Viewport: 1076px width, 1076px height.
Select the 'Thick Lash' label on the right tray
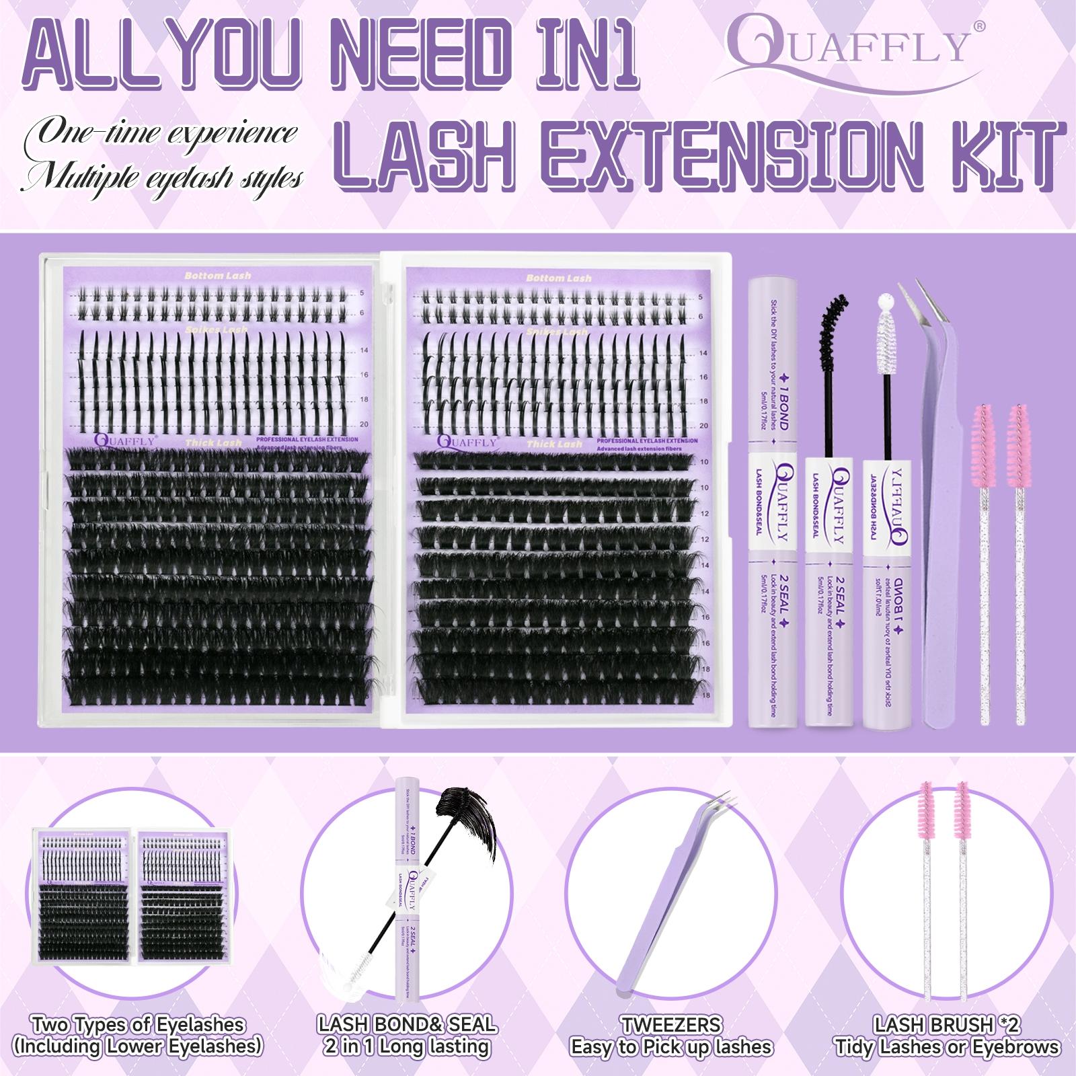[x=554, y=444]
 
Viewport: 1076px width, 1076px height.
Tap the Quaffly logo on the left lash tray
[x=124, y=441]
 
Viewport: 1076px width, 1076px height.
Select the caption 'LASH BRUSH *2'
[x=947, y=1025]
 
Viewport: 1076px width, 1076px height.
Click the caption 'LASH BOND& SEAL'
[x=408, y=1025]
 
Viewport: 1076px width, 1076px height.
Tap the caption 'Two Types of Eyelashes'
[x=138, y=1025]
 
